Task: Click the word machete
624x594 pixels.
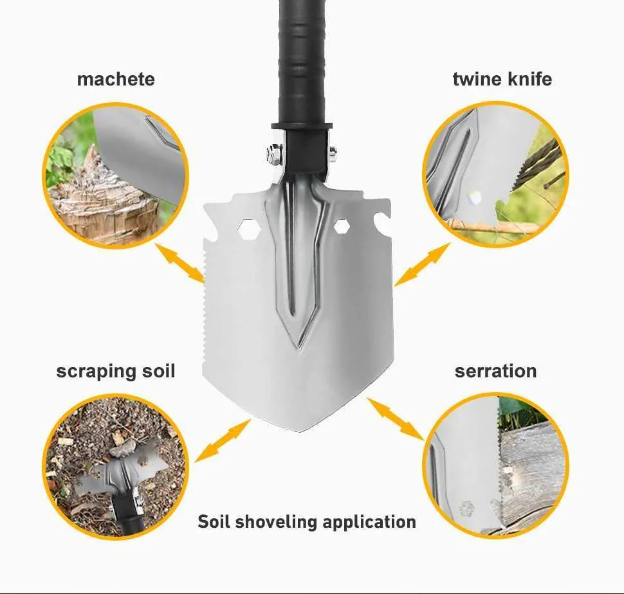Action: point(116,79)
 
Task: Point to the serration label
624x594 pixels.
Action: point(496,372)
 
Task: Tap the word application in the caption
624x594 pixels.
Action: point(369,522)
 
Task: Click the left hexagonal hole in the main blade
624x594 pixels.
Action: point(249,228)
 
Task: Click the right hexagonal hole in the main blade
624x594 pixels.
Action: point(342,227)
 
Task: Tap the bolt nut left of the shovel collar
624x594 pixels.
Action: point(274,154)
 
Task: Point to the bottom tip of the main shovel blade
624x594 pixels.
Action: point(299,431)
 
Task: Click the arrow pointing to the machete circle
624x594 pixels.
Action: point(180,263)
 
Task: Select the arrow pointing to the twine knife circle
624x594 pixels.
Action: point(422,265)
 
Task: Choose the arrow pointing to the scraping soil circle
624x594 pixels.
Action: point(223,440)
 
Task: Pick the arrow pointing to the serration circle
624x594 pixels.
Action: point(396,419)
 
